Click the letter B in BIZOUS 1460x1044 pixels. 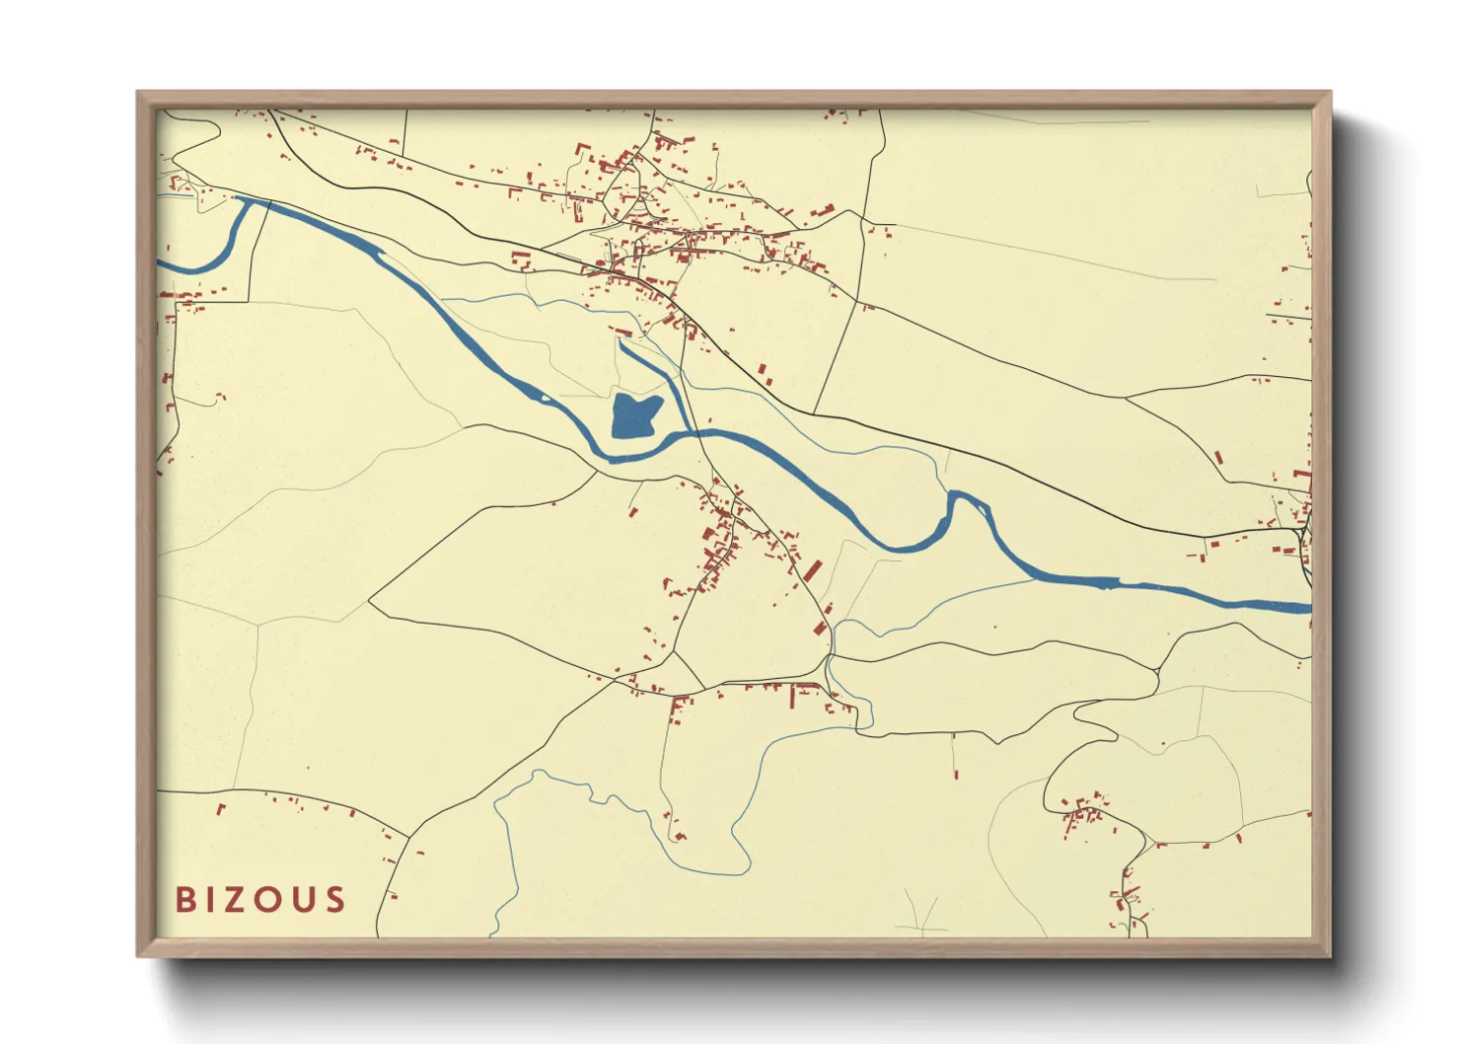coord(184,899)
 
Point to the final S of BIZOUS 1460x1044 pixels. coord(335,899)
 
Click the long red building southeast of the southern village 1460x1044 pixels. coord(812,570)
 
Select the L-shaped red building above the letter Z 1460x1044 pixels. coord(220,808)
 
